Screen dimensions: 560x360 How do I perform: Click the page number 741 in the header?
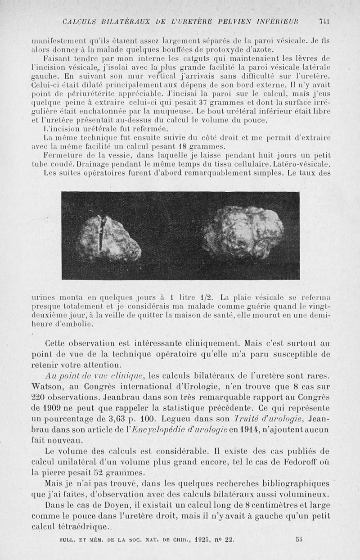(x=324, y=22)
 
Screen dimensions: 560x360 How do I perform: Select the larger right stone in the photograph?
(x=243, y=233)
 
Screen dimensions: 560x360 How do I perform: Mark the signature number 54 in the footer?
(x=300, y=538)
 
